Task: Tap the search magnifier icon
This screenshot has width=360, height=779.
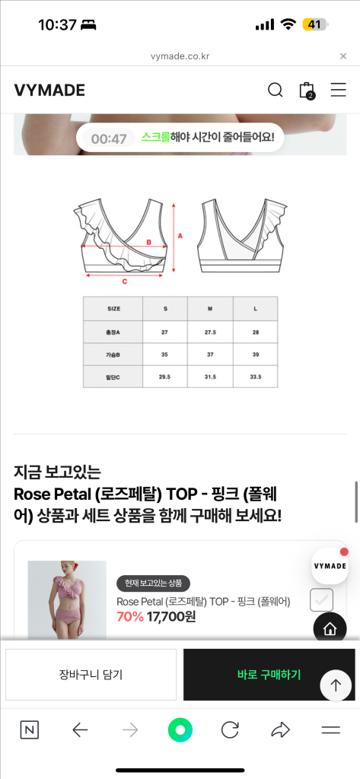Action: pyautogui.click(x=276, y=91)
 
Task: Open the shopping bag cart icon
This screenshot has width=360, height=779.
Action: pyautogui.click(x=307, y=91)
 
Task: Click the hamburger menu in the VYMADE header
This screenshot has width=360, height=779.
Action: pyautogui.click(x=338, y=91)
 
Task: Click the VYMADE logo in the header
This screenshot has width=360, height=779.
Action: pyautogui.click(x=49, y=91)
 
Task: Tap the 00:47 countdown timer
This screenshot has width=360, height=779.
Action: pyautogui.click(x=109, y=138)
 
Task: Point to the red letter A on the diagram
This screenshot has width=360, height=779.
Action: pyautogui.click(x=180, y=236)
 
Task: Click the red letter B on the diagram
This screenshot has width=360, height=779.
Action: pyautogui.click(x=149, y=243)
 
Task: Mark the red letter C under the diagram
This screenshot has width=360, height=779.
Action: pyautogui.click(x=124, y=281)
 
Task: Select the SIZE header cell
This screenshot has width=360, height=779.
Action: pyautogui.click(x=113, y=309)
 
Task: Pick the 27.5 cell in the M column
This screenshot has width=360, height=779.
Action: pyautogui.click(x=210, y=332)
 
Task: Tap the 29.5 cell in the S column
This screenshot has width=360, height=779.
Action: pyautogui.click(x=165, y=377)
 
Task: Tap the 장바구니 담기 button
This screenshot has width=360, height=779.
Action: pyautogui.click(x=91, y=674)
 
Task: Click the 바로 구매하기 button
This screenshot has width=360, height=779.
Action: pyautogui.click(x=269, y=674)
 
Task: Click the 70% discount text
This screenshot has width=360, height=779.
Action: pyautogui.click(x=130, y=617)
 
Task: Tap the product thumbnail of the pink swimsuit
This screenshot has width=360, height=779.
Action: pyautogui.click(x=67, y=601)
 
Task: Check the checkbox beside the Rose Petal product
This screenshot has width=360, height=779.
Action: pyautogui.click(x=321, y=600)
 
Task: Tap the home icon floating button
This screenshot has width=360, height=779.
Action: pyautogui.click(x=330, y=628)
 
